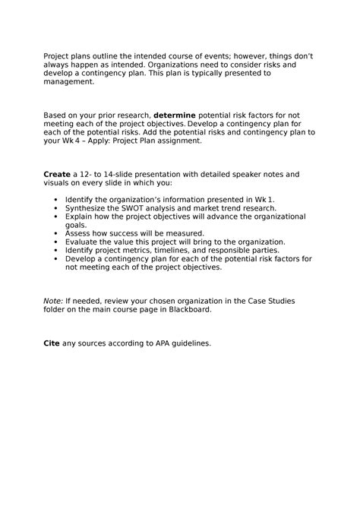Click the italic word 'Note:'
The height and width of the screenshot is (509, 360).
coord(53,301)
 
